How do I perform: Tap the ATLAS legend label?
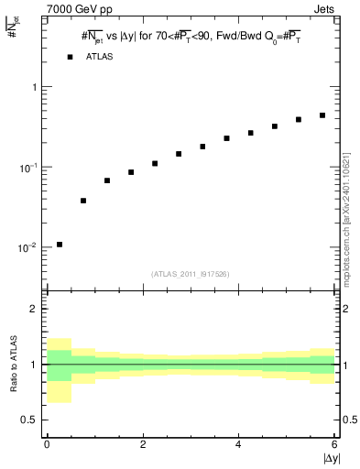coord(102,57)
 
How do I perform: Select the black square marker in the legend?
coord(70,57)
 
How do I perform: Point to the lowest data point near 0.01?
coord(60,245)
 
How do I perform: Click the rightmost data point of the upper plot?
coord(322,115)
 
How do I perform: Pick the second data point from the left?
coord(83,201)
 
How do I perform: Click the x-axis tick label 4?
coord(239,444)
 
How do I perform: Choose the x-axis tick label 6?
coord(334,444)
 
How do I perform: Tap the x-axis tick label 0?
coord(47,444)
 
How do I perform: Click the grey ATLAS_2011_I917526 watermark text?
coord(191,274)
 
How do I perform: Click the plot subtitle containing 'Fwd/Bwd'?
coord(192,38)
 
